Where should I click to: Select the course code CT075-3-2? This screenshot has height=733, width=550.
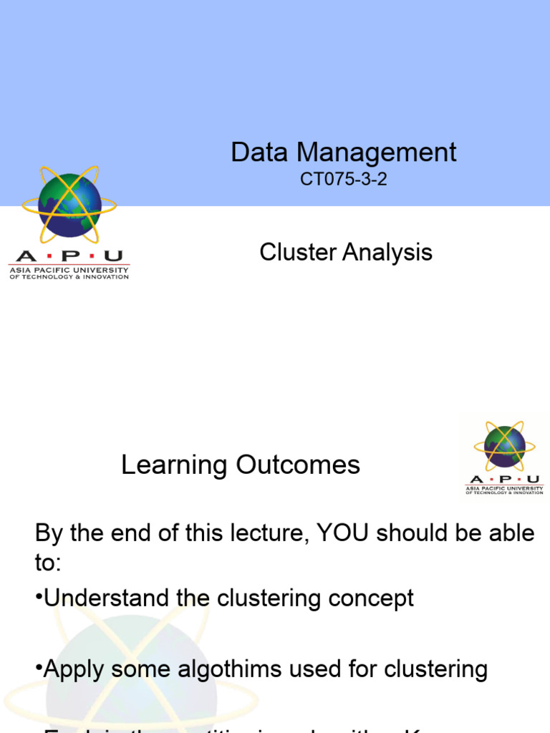pos(344,179)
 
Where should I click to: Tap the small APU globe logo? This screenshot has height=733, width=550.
pos(504,447)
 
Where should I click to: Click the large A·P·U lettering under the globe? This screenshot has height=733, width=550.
pos(69,256)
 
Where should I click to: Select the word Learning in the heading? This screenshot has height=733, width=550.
pos(173,465)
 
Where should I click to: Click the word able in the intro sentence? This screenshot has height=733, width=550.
pos(509,533)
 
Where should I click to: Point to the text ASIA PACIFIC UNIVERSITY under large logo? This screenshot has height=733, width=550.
pos(69,270)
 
